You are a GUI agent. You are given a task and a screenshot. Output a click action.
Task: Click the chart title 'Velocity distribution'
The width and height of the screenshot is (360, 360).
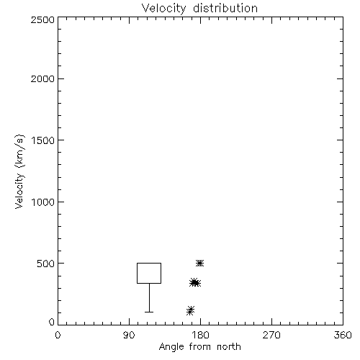[x=199, y=9]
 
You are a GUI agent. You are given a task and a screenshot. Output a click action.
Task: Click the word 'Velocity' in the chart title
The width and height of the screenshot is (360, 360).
[x=163, y=9]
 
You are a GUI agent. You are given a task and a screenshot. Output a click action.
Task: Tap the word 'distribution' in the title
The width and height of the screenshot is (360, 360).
[x=225, y=8]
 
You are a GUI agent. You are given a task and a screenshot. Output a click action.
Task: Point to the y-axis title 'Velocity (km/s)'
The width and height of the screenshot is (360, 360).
[x=19, y=171]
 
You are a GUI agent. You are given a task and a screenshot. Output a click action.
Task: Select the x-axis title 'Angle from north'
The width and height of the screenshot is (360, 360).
[x=200, y=346]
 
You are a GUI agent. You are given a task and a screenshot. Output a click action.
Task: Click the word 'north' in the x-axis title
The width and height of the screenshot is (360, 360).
[x=229, y=346]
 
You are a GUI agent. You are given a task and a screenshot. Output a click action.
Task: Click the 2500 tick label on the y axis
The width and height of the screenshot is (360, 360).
[x=42, y=19]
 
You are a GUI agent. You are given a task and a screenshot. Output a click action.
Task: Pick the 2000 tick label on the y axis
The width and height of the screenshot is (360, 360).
[x=42, y=78]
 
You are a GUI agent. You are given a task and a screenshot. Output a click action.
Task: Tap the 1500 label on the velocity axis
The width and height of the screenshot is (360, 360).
[x=43, y=140]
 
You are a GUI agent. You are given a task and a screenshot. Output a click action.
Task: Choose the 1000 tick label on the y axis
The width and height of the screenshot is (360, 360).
[x=43, y=202]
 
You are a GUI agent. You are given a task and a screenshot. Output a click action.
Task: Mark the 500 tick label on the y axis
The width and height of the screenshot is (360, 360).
[x=46, y=264]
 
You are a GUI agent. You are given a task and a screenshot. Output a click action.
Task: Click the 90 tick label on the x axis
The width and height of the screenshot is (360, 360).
[x=129, y=335]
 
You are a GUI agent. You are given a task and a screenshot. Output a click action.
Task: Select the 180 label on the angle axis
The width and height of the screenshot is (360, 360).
[x=200, y=335]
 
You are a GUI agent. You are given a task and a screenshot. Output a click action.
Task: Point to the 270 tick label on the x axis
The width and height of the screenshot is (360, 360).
[x=271, y=335]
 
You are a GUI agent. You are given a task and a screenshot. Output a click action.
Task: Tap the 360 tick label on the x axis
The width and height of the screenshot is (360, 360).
[x=343, y=335]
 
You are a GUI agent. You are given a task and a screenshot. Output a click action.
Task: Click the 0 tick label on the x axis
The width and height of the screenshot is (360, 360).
[x=58, y=335]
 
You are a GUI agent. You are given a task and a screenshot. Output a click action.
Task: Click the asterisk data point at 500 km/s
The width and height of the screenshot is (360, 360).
[x=199, y=264]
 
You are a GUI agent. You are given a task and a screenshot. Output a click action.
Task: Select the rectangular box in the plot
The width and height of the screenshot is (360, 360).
[x=137, y=273]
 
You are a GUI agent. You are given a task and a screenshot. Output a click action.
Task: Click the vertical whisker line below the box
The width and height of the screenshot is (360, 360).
[x=149, y=297]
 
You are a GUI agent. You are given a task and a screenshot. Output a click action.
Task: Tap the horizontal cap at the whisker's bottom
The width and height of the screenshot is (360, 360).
[x=149, y=312]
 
